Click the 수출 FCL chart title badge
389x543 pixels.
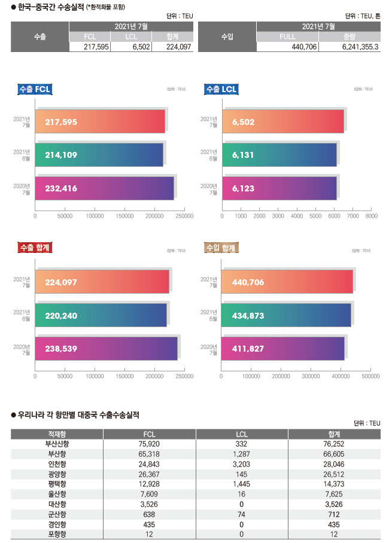coord(35,89)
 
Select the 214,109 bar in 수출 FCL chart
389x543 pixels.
coord(99,154)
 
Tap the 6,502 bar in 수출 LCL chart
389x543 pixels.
coord(282,121)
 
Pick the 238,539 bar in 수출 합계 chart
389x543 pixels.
coord(106,348)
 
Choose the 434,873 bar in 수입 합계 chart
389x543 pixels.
coord(285,315)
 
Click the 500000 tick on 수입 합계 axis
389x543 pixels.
coord(371,377)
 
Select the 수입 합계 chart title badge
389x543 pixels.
coord(221,247)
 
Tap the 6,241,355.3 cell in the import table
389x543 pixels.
coord(350,47)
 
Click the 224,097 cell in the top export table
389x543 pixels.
coord(172,47)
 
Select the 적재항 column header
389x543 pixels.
coord(57,434)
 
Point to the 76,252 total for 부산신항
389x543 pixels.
coord(334,444)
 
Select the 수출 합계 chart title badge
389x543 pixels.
coord(35,247)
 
